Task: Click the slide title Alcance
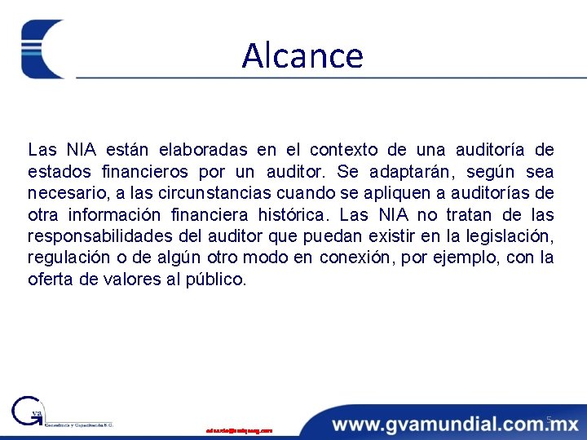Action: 302,55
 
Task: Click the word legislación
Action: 510,237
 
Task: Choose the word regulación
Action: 67,259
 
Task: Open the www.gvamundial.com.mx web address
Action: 455,424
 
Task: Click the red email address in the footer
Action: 239,429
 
